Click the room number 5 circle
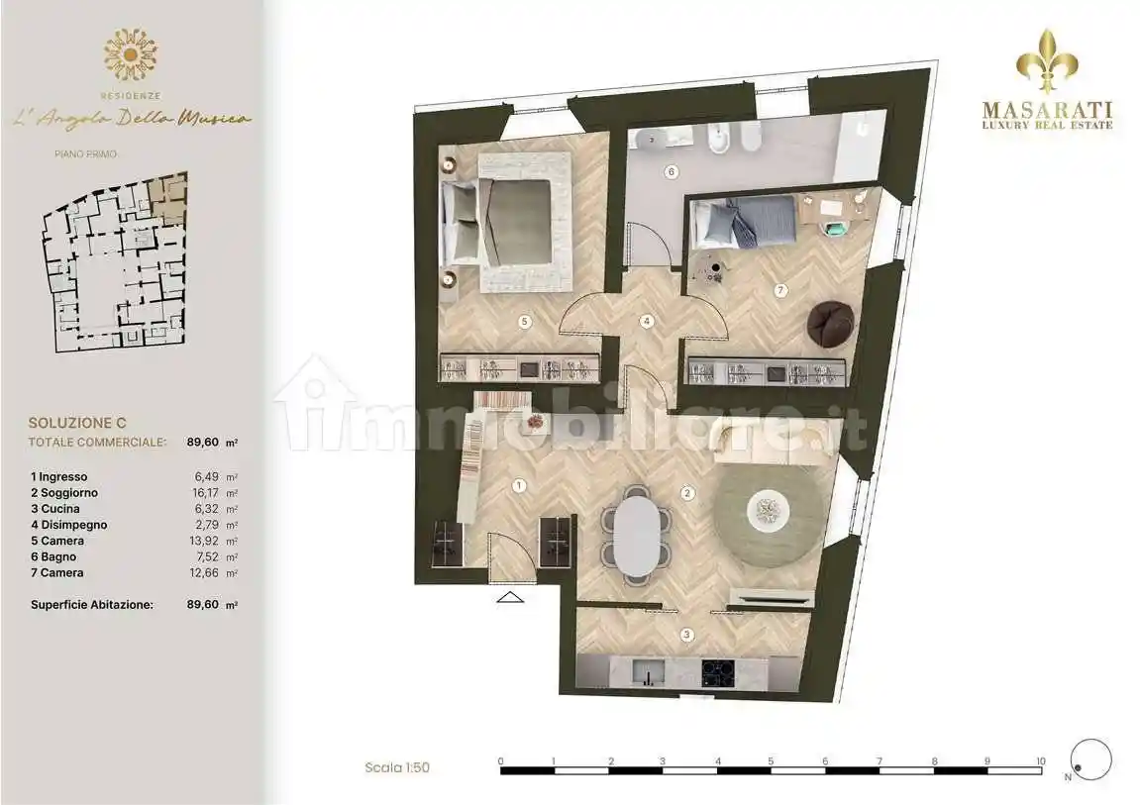[524, 321]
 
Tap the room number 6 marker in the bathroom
[672, 172]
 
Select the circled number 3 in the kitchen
[687, 635]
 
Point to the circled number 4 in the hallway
[647, 321]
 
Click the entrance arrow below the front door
[510, 597]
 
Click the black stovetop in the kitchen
[718, 672]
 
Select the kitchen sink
[648, 672]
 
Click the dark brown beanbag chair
[830, 323]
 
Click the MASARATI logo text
[1048, 110]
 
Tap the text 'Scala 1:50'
[397, 767]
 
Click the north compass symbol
[1091, 759]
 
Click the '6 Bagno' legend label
[53, 556]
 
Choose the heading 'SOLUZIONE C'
[77, 423]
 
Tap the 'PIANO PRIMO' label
[85, 154]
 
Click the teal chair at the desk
[834, 228]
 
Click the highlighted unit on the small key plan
[168, 197]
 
